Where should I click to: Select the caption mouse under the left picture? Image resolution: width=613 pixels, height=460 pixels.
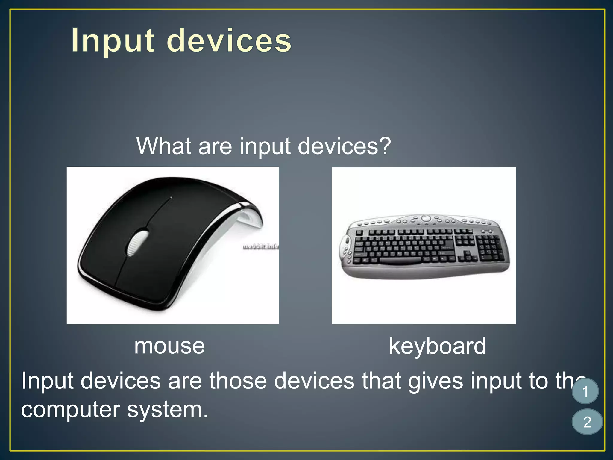pyautogui.click(x=169, y=346)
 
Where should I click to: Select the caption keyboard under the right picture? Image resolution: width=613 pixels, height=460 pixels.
pyautogui.click(x=437, y=346)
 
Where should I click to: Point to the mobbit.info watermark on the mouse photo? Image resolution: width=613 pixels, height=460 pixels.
pyautogui.click(x=260, y=246)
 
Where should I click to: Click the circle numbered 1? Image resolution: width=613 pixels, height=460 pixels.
pyautogui.click(x=585, y=391)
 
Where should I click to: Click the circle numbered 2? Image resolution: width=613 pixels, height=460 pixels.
pyautogui.click(x=587, y=422)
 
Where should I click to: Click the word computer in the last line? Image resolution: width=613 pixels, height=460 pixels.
pyautogui.click(x=71, y=410)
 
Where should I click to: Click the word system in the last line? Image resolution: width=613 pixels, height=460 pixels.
pyautogui.click(x=167, y=410)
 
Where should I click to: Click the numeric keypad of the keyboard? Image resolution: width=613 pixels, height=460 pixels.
pyautogui.click(x=490, y=248)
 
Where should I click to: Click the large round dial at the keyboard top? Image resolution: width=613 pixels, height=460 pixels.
pyautogui.click(x=426, y=218)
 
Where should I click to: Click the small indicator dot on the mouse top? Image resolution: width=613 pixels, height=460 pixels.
pyautogui.click(x=171, y=198)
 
